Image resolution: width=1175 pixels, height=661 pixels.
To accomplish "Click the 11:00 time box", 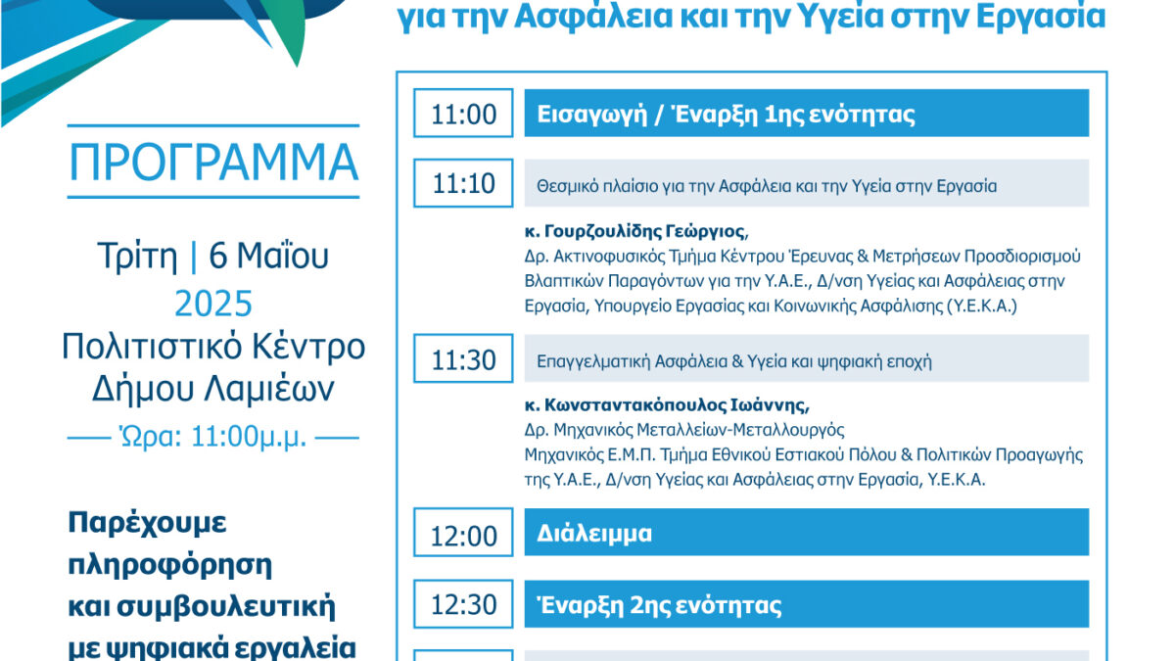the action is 463,113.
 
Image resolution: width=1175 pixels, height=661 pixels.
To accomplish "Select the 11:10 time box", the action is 463,183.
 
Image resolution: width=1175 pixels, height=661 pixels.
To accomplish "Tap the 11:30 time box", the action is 463,358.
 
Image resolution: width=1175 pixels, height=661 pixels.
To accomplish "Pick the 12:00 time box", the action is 463,532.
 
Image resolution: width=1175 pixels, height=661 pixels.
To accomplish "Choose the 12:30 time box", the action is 463,604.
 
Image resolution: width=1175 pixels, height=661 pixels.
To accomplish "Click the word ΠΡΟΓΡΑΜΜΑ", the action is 213,163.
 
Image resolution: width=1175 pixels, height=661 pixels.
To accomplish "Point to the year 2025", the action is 213,304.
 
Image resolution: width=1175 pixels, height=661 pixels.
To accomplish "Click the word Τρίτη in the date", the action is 137,257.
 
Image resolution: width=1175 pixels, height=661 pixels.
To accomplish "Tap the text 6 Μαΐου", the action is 268,256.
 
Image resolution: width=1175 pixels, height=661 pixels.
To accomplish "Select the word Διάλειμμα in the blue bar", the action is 593,533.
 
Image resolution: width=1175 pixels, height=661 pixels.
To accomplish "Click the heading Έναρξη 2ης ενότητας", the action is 659,605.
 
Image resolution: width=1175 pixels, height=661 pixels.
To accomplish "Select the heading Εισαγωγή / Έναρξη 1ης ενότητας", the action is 726,115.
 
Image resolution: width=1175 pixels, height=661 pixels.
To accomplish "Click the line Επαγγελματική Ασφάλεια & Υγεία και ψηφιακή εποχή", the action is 733,361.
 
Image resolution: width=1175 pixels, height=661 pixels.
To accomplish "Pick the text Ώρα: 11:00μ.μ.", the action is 213,437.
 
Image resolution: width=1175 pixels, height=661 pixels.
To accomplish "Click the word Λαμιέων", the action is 269,388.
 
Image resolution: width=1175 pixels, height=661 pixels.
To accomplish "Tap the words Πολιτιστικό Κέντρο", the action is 213,347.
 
